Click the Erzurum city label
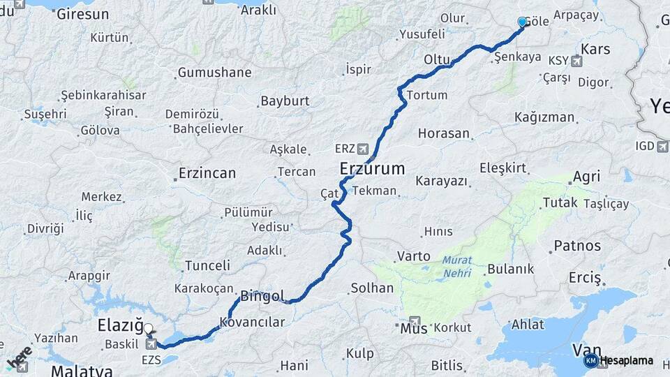[373, 168]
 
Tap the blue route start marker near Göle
[522, 22]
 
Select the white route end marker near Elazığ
[148, 327]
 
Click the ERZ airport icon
[362, 149]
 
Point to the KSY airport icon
[576, 61]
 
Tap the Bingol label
[262, 297]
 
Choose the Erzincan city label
[207, 173]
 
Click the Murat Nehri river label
[456, 265]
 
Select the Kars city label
[595, 49]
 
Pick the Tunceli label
[207, 265]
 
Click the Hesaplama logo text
[625, 361]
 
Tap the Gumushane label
[214, 72]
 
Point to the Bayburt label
[285, 101]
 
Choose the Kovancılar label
[252, 322]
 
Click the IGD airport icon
[662, 146]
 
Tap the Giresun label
[83, 14]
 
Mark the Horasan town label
[444, 133]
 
